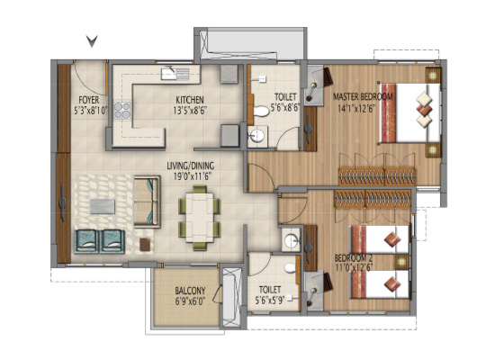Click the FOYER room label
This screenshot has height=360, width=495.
click(89, 100)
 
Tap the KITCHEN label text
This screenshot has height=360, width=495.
click(190, 100)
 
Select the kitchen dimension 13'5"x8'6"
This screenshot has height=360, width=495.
click(190, 111)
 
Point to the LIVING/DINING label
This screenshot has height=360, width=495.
click(191, 166)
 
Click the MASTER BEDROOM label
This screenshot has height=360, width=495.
click(363, 96)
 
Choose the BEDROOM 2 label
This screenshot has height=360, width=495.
click(354, 258)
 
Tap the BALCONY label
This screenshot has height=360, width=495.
click(190, 291)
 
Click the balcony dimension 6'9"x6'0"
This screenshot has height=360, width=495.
click(190, 301)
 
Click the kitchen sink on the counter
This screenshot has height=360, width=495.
click(175, 74)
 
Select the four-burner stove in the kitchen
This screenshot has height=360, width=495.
click(122, 110)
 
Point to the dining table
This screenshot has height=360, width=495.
click(199, 217)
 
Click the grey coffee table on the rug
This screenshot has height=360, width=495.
click(103, 206)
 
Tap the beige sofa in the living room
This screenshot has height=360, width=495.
click(147, 202)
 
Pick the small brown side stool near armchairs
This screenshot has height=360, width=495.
click(145, 245)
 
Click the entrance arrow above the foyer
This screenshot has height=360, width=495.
click(92, 41)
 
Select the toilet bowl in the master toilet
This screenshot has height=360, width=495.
click(261, 111)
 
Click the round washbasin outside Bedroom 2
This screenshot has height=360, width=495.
click(291, 241)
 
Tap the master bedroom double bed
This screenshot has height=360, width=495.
click(409, 112)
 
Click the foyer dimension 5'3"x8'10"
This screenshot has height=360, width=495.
click(91, 111)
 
